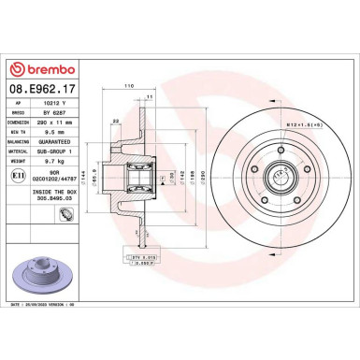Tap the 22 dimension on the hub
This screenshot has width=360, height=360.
tap(114, 122)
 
